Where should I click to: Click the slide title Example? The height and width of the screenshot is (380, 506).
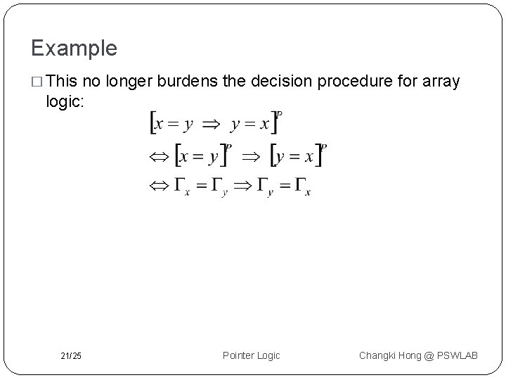pos(74,49)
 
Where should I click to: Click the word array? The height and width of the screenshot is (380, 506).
pos(441,82)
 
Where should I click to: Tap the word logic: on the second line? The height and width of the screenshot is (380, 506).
pos(65,101)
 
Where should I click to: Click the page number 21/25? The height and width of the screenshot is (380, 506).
pos(70,356)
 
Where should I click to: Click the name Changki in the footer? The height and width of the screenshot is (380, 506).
pos(380,355)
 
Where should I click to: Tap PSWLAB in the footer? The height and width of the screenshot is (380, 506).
pos(458,355)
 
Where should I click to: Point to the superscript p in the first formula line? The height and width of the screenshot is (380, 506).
pos(280,114)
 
